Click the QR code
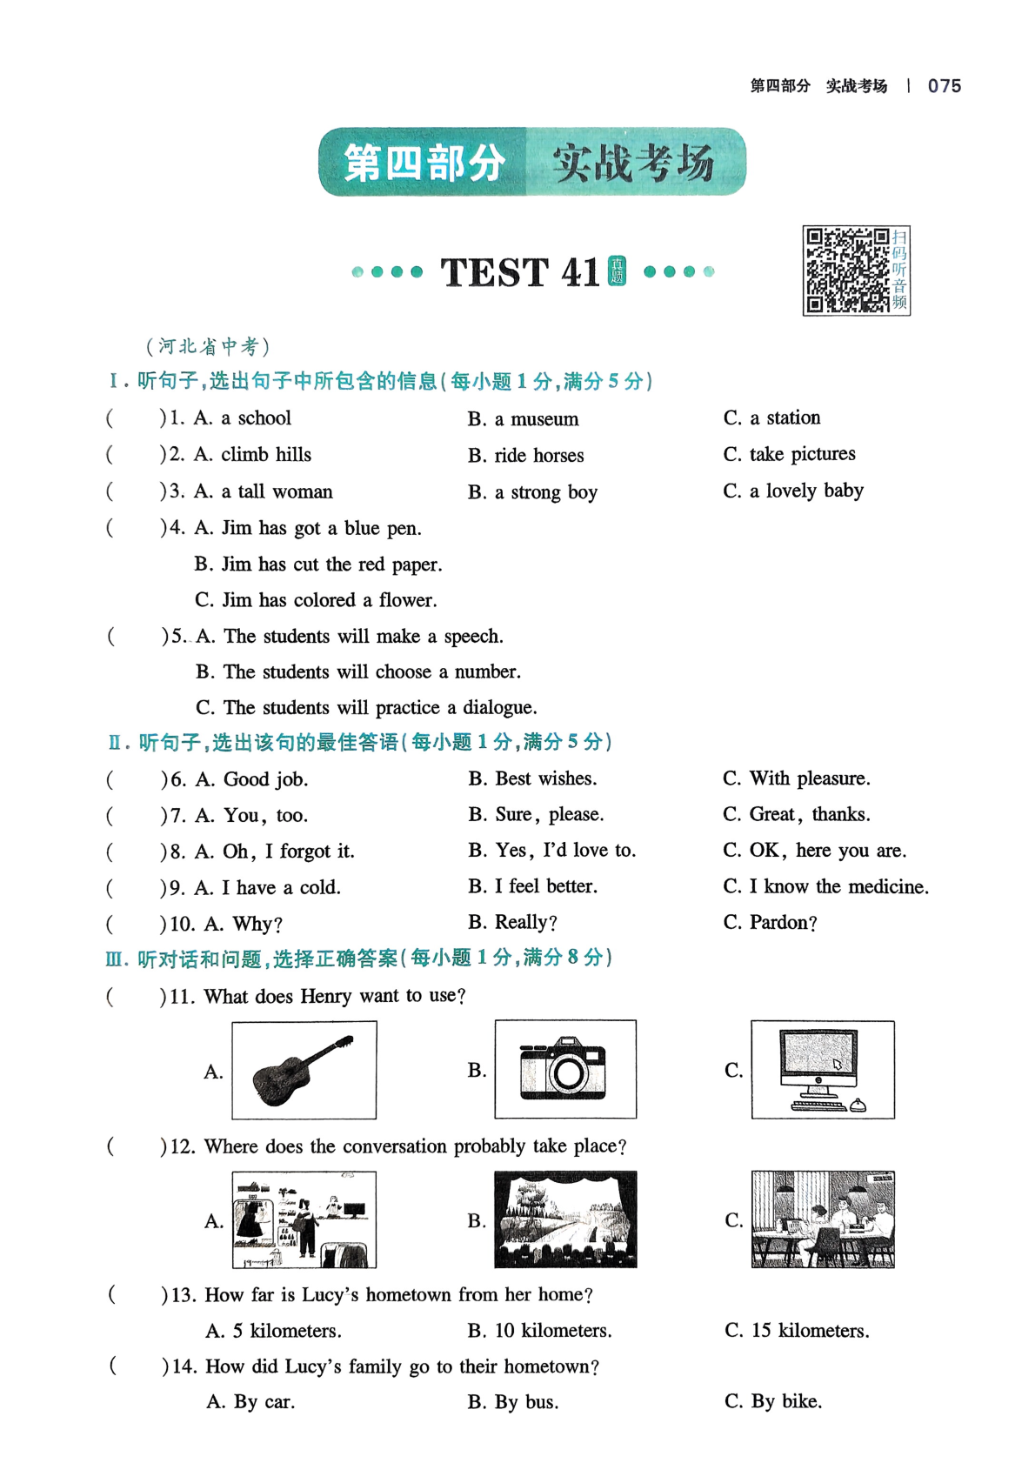point(847,271)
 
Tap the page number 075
point(945,86)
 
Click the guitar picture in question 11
point(304,1070)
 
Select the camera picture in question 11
point(565,1069)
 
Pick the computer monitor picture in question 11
point(823,1070)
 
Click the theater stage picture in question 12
point(565,1219)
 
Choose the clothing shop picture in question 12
point(304,1219)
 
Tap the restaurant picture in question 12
point(823,1219)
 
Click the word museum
point(544,418)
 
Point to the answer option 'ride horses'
point(538,455)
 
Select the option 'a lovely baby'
point(806,491)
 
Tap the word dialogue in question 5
point(500,708)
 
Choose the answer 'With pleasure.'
point(810,778)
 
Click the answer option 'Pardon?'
point(783,922)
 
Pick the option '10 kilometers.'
point(553,1331)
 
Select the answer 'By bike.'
point(786,1402)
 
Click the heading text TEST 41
point(520,272)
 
